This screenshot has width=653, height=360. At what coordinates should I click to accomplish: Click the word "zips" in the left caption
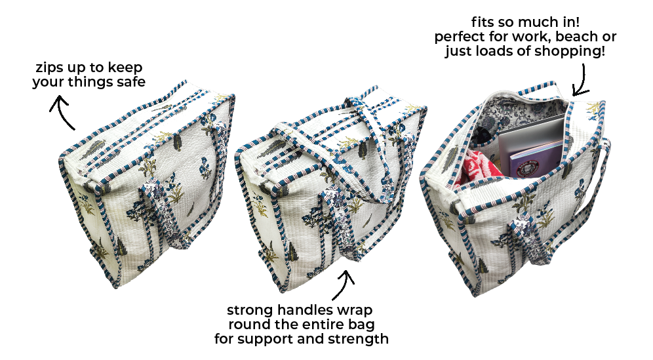pos(47,68)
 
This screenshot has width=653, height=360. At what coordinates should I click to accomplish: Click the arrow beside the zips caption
pos(62,111)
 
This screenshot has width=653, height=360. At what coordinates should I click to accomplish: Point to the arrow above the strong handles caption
pos(344,285)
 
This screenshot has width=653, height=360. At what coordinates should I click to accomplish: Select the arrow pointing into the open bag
pos(582,80)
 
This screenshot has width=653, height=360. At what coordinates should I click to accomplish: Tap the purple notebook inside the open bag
pos(535,159)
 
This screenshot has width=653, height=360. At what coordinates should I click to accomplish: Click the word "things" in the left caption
pos(90,82)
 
